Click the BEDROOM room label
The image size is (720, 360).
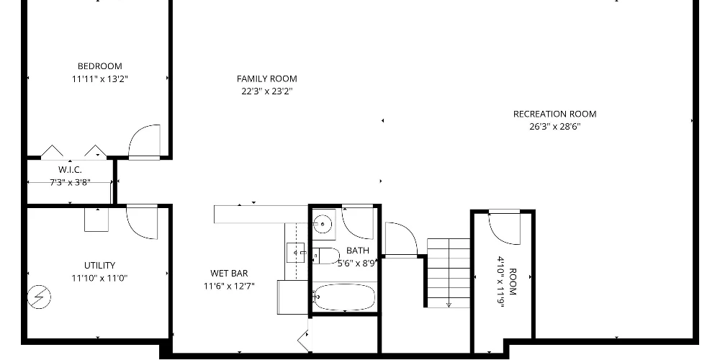[99, 66]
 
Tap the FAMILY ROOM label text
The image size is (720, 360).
[267, 78]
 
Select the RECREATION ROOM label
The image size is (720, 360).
[554, 114]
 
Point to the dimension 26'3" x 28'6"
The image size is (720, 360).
[554, 127]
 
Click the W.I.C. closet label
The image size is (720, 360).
[70, 170]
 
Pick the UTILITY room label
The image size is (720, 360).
[99, 266]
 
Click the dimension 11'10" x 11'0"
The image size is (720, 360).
[99, 278]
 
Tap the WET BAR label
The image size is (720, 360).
[229, 274]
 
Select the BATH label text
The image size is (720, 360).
[357, 251]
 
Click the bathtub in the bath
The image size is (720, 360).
[344, 297]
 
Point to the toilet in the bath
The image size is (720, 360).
[326, 256]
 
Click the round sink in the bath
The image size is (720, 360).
[323, 225]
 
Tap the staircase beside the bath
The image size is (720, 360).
[449, 273]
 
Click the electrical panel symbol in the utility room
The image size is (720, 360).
[39, 297]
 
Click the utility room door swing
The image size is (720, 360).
[142, 223]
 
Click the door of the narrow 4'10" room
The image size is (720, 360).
[504, 228]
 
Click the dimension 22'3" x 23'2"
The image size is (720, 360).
[267, 91]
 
